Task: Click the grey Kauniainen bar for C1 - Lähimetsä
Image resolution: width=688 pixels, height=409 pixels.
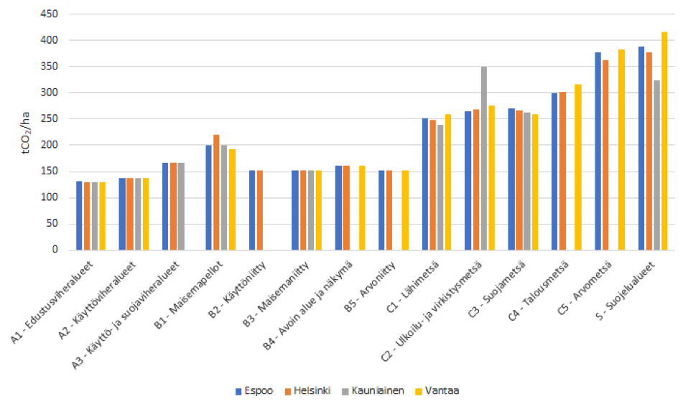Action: point(440,187)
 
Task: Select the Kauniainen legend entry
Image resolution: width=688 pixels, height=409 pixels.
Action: point(381,391)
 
